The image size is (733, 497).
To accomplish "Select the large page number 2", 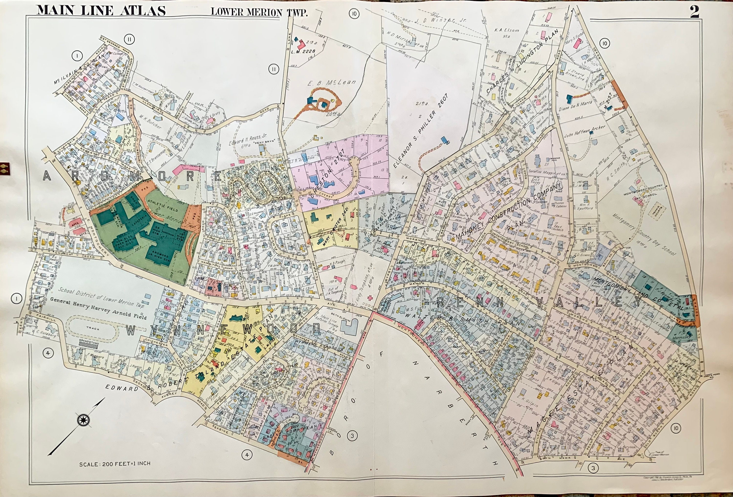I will click(694, 12).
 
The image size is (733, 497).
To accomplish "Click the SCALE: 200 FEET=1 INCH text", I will click(115, 464).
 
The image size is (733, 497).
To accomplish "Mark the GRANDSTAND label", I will click(90, 342).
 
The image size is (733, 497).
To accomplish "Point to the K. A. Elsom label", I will click(507, 30).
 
